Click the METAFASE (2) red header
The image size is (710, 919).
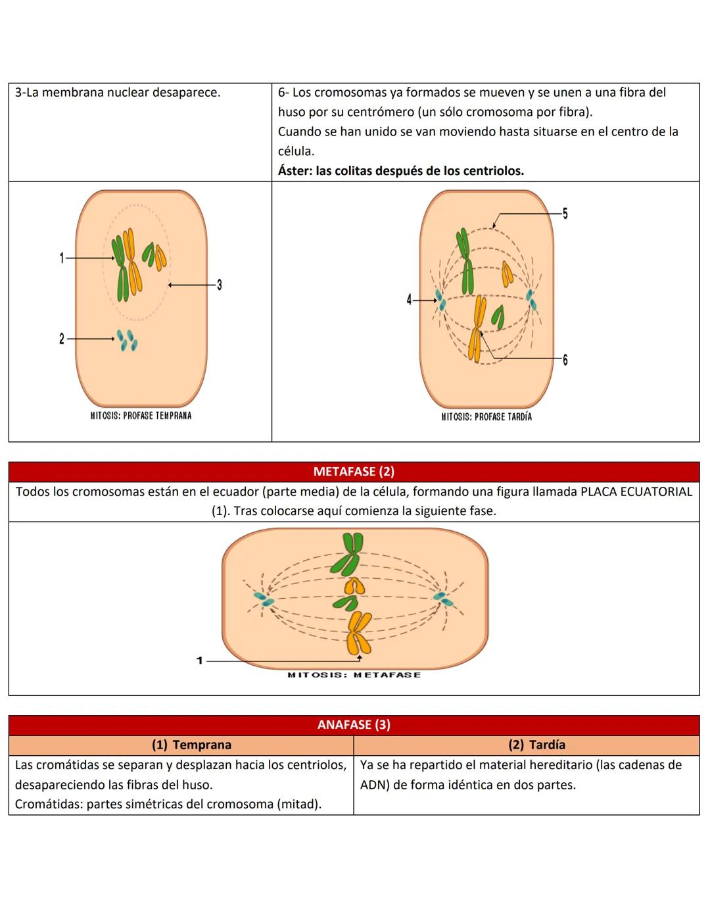tap(354, 472)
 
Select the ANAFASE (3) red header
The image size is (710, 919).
tap(354, 725)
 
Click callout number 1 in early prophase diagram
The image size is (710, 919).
tap(61, 258)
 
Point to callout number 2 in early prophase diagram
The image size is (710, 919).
tap(61, 339)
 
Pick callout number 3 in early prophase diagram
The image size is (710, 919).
tap(219, 285)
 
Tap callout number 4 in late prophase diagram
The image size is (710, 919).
tap(409, 300)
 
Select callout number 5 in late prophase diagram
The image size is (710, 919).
tap(565, 214)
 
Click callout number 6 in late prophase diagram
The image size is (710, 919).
tap(565, 359)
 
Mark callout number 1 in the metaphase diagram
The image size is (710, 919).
tap(199, 660)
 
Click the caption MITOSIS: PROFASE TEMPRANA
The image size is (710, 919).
tap(141, 416)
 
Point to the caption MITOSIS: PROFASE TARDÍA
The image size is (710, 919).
tap(486, 416)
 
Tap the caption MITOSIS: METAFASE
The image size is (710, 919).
tap(354, 675)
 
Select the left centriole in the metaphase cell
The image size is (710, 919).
tap(264, 600)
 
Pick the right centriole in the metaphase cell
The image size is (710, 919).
tap(445, 599)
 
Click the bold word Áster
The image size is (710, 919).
tap(293, 171)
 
